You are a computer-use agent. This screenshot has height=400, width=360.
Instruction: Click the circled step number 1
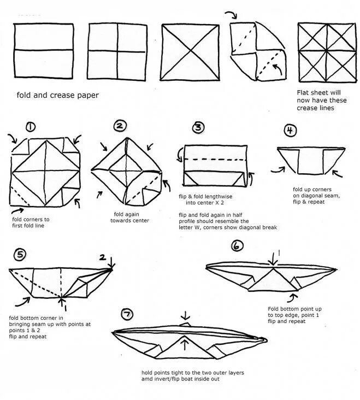click(31, 127)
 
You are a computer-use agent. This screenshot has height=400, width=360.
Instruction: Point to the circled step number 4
click(291, 130)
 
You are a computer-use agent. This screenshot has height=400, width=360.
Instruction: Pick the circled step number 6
click(237, 246)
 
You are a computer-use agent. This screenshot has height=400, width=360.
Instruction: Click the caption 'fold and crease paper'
click(57, 96)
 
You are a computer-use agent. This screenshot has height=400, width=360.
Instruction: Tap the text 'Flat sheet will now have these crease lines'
click(320, 101)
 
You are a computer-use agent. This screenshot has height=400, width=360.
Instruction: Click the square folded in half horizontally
click(44, 50)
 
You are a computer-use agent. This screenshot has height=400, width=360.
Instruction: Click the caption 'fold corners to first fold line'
click(31, 222)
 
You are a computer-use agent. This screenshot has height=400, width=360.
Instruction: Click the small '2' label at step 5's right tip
click(102, 257)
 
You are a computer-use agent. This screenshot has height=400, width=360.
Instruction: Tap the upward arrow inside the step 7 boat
click(187, 344)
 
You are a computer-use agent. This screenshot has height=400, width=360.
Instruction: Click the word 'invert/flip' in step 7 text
click(175, 379)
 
